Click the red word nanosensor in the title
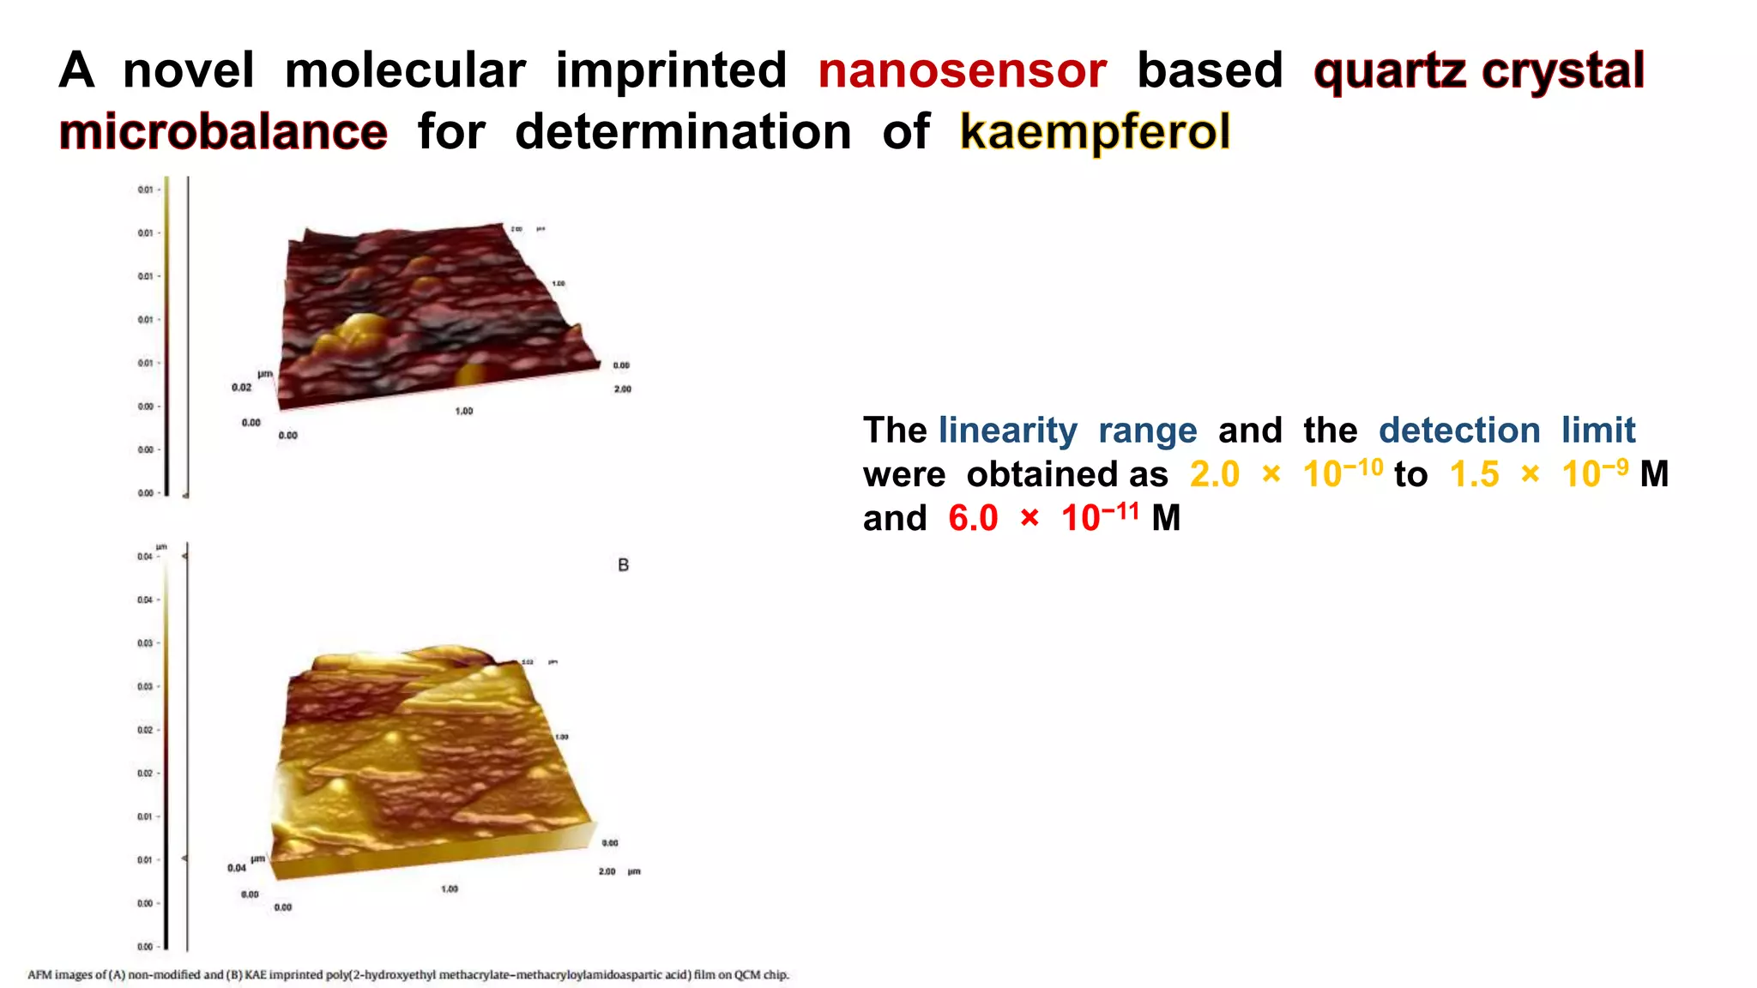click(962, 70)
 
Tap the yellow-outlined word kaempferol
click(1096, 132)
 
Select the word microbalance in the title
click(223, 132)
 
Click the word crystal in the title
click(1562, 70)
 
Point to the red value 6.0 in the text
click(973, 518)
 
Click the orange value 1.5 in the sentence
click(1474, 474)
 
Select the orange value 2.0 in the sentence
click(1214, 474)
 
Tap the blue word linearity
click(1008, 431)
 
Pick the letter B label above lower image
click(624, 565)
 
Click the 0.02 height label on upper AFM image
click(241, 388)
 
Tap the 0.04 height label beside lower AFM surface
click(237, 868)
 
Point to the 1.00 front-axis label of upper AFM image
click(463, 412)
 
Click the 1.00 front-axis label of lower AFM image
click(450, 889)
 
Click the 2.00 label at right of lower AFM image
click(607, 871)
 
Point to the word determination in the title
click(683, 132)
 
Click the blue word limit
click(1598, 431)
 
